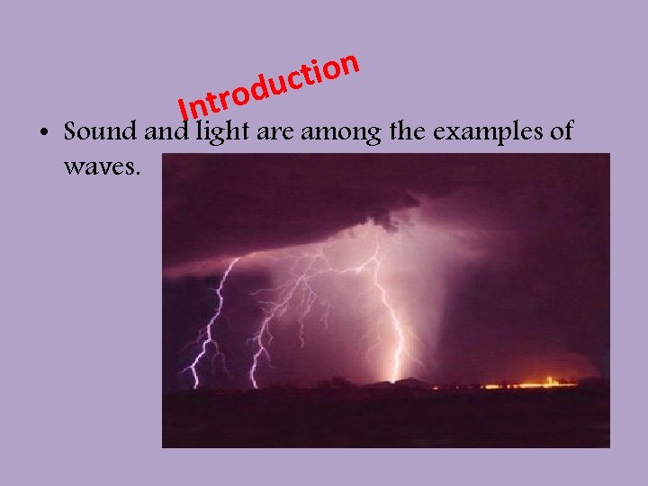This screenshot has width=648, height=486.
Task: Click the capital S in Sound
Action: (x=72, y=132)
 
